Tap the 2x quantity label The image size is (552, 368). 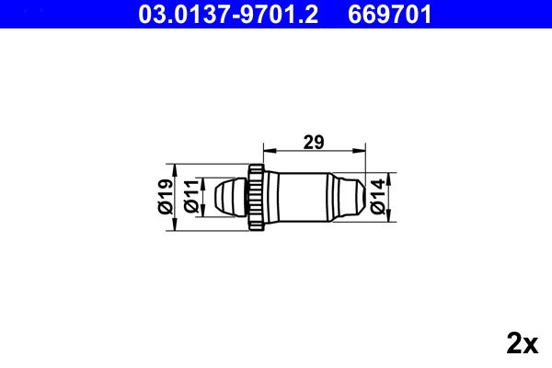pos(522,343)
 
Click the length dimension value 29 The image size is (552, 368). pos(314,141)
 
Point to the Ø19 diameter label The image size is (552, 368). pos(165,197)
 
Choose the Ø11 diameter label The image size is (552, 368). pos(190,197)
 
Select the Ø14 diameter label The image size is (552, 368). pos(377,197)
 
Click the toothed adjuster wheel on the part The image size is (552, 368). pos(257,196)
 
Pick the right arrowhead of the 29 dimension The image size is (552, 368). pos(360,150)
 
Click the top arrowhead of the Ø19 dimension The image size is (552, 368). pos(175,167)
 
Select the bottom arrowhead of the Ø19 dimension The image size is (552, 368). pos(175,225)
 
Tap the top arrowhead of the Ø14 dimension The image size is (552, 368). pos(389,175)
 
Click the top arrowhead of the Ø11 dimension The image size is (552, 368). pos(201,180)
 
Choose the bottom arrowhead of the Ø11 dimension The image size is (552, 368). pos(201,213)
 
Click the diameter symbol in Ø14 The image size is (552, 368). pos(377,210)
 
